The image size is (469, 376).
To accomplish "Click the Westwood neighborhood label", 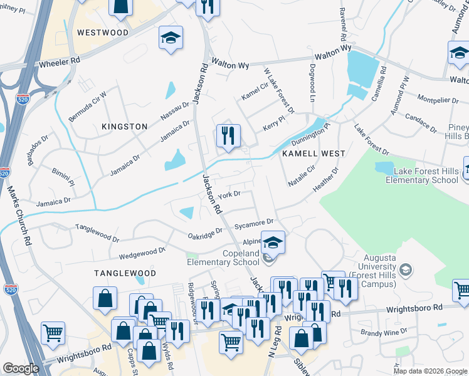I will click(x=102, y=33).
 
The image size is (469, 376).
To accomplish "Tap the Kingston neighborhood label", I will click(x=124, y=127).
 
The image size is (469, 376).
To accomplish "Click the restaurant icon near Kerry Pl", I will click(x=228, y=135).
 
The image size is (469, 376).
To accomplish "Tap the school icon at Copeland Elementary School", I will click(x=273, y=243).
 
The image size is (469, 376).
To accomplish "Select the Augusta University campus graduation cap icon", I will click(x=405, y=270).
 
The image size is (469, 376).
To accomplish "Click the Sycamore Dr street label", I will click(x=254, y=222).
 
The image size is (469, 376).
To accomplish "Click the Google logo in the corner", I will click(x=20, y=368).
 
